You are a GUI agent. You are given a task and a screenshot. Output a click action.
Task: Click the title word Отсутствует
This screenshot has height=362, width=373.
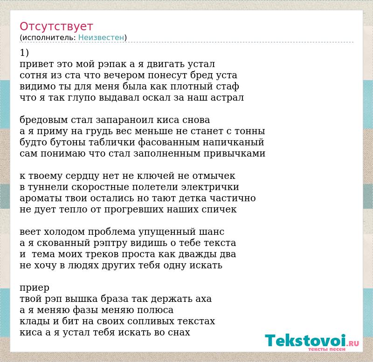[x=56, y=27]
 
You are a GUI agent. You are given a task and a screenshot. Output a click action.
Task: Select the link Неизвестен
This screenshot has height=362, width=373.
[x=101, y=37]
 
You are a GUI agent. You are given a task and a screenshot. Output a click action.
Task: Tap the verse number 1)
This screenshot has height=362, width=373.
[x=24, y=53]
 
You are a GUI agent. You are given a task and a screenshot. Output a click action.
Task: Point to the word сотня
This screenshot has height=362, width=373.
[x=33, y=75]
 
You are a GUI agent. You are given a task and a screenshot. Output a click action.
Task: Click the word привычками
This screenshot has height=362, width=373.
[x=235, y=154]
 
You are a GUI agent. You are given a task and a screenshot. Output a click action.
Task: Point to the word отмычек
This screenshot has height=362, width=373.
[x=214, y=176]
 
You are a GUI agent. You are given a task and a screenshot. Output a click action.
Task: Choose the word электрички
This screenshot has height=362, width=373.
[x=210, y=187]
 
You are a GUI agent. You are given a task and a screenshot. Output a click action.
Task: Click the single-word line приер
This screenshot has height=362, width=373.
[x=35, y=288]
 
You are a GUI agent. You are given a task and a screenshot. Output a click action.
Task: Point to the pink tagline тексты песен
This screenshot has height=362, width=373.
[x=327, y=349]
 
